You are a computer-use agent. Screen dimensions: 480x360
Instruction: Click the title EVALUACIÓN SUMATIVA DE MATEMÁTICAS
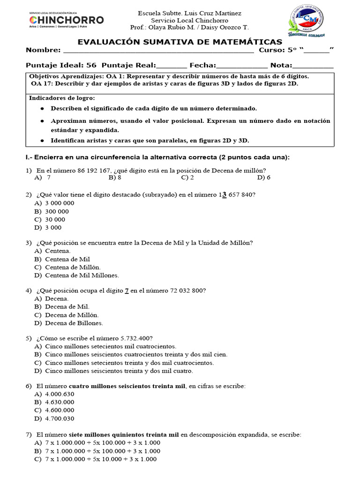coord(180,42)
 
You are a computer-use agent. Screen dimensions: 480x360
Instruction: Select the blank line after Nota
coord(313,66)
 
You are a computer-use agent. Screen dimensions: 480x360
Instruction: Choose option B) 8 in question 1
coord(115,178)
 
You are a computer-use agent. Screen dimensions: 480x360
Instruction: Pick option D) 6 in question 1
coord(264,178)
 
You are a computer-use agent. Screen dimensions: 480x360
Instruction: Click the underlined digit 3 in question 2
coord(224,195)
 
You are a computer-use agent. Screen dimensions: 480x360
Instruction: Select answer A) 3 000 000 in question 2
coord(54,203)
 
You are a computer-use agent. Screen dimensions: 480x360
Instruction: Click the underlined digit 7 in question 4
coord(127,291)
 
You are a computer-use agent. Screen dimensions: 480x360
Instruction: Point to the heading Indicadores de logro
coord(62,98)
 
